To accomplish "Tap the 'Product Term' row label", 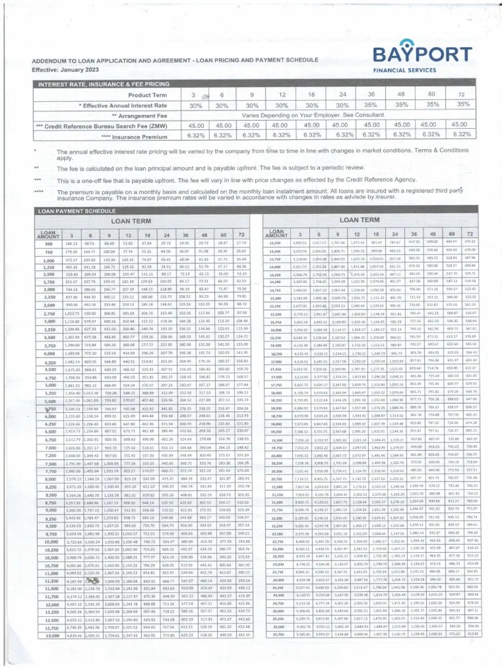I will point(147,95).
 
